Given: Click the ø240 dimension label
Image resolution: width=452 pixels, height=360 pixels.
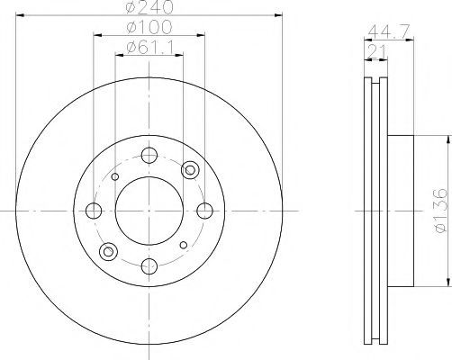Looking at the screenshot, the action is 149,6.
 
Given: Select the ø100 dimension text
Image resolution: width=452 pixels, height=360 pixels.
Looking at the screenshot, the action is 149,27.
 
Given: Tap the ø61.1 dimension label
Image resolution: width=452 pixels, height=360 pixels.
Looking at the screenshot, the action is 150,48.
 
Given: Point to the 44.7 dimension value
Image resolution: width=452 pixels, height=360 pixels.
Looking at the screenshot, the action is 389,31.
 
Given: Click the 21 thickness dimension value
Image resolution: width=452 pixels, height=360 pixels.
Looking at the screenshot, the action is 375,51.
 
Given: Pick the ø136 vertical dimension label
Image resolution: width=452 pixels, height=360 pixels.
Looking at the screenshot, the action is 440,211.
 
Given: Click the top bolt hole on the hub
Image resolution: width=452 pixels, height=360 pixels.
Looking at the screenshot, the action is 149,155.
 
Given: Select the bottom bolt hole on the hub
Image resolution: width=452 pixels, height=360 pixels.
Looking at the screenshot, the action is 149,265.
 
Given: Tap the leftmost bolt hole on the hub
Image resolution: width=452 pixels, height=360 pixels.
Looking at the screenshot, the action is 94,211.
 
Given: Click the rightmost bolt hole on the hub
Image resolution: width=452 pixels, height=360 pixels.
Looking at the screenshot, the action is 204,211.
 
